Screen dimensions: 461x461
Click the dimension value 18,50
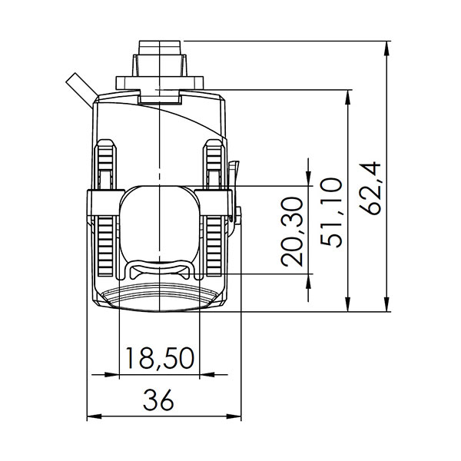[159, 358]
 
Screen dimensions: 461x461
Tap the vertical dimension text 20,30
[294, 230]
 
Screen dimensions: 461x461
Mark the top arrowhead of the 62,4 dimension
[385, 45]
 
